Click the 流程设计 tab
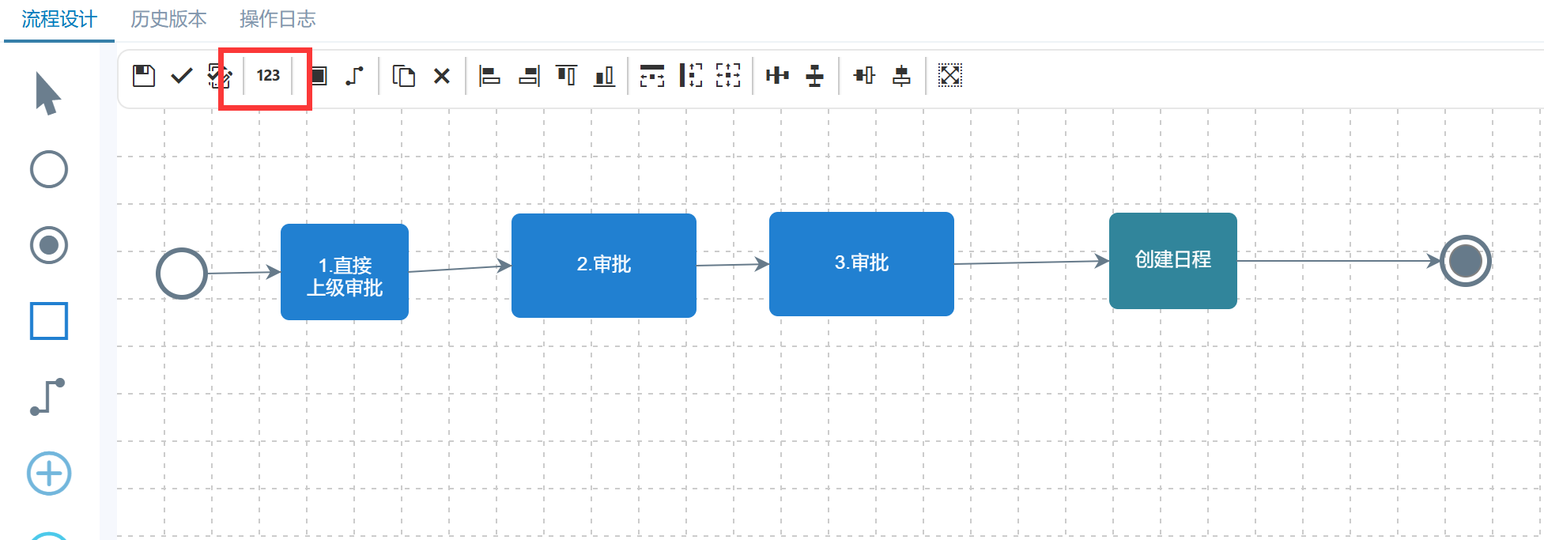point(59,19)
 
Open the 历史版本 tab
point(168,19)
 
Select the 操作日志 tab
point(277,19)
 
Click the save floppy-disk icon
point(143,76)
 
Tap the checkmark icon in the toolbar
point(182,76)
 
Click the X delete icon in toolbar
point(442,76)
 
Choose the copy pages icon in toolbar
point(404,76)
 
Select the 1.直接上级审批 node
point(345,272)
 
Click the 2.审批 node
point(604,266)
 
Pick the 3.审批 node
point(862,264)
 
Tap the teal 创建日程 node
point(1173,261)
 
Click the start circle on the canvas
point(182,274)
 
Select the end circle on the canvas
point(1465,261)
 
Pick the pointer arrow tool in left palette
point(47,93)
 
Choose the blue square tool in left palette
point(49,321)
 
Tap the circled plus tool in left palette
point(49,474)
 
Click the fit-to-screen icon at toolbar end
point(949,76)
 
